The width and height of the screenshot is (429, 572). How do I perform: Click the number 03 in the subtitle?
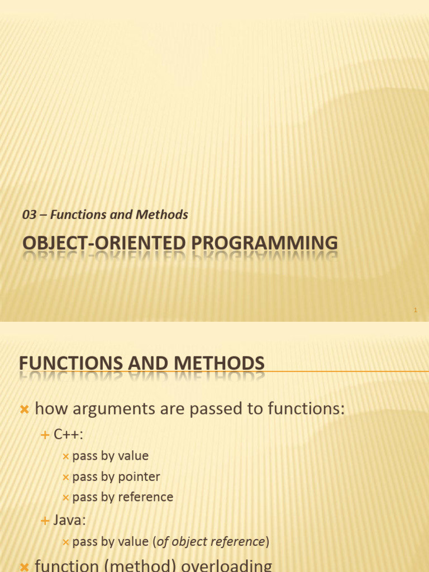[x=29, y=214]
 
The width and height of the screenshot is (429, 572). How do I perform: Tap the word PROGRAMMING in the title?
[x=264, y=243]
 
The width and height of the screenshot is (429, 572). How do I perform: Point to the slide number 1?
[x=415, y=310]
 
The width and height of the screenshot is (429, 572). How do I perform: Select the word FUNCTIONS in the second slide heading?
[x=71, y=363]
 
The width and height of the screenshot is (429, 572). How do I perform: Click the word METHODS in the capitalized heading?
[x=219, y=363]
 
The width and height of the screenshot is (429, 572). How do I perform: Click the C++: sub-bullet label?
[x=68, y=434]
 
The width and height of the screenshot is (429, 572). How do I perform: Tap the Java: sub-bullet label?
[x=69, y=520]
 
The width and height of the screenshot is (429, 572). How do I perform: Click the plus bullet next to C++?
[x=45, y=435]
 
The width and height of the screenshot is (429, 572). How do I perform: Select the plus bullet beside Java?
[x=45, y=521]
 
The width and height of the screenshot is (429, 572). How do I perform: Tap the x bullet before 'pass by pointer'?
[x=66, y=477]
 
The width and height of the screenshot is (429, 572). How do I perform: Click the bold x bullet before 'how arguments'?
[x=25, y=409]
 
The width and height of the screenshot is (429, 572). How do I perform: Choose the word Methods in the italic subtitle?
[x=162, y=214]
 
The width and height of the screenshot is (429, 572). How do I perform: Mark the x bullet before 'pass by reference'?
[x=66, y=498]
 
